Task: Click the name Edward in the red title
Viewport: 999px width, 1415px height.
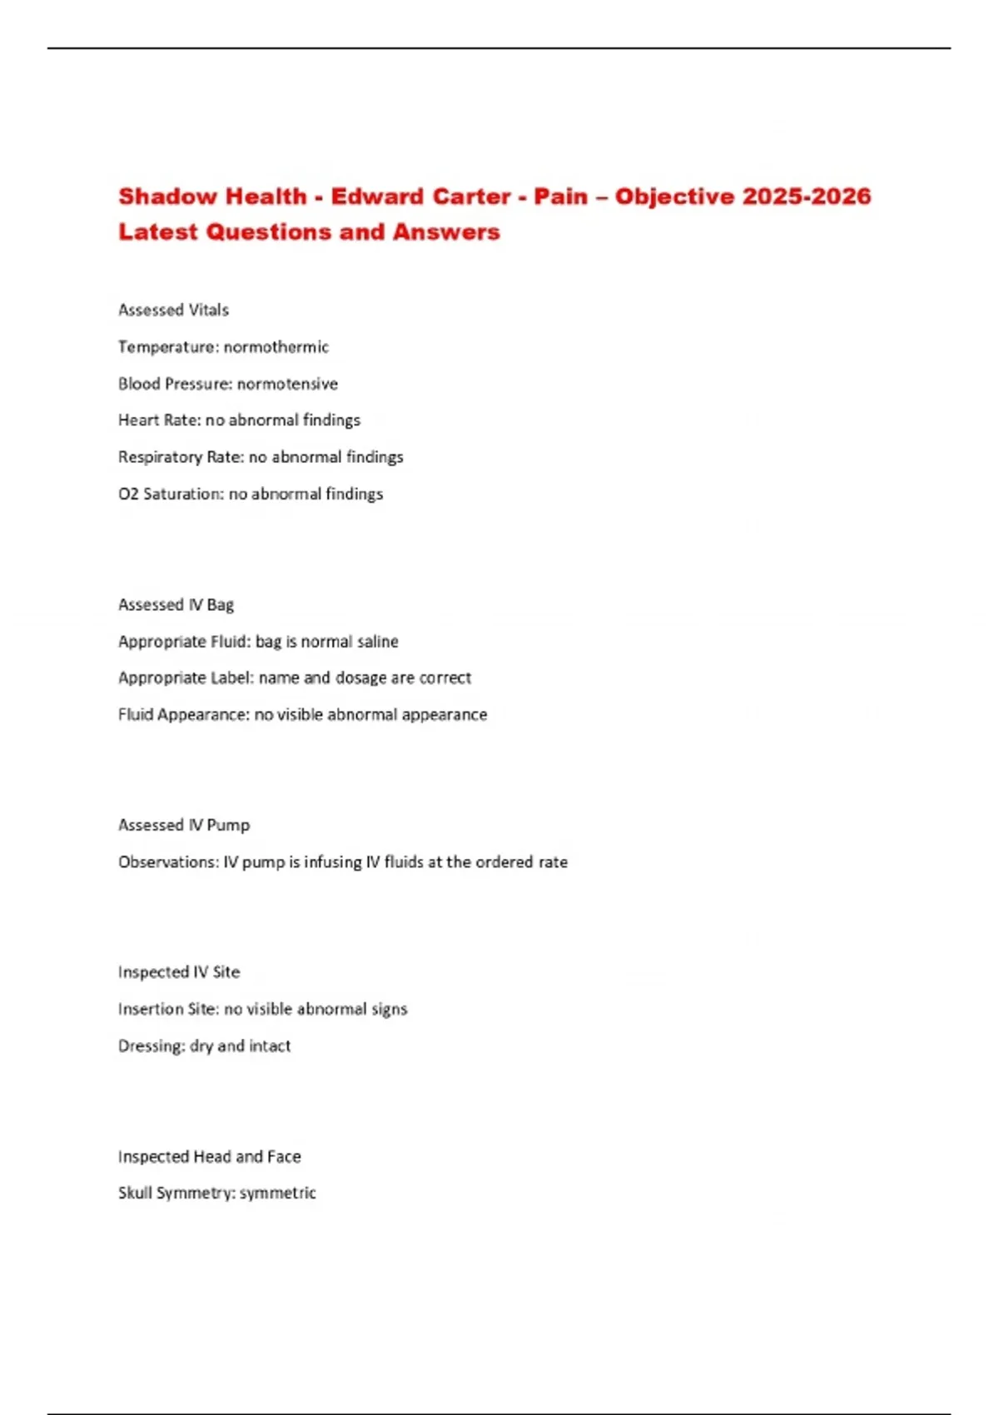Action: [x=378, y=196]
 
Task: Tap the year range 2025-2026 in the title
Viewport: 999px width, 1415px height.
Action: [x=806, y=196]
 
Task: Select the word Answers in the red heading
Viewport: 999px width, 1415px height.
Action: [x=446, y=232]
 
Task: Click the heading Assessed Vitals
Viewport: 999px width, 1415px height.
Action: [x=173, y=310]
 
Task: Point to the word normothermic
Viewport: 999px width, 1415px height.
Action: [x=276, y=347]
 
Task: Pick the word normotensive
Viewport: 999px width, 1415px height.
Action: [x=287, y=384]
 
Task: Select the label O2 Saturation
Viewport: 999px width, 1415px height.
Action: [x=171, y=494]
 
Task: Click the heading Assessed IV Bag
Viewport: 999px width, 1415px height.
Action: [x=176, y=604]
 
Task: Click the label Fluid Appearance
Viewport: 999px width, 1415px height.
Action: [x=182, y=715]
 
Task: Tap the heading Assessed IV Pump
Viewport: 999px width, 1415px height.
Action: [x=184, y=825]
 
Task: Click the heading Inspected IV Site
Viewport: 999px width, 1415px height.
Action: [x=179, y=972]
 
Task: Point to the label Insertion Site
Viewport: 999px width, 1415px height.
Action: [x=167, y=1009]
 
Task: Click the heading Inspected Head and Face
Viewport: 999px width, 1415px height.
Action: [x=210, y=1156]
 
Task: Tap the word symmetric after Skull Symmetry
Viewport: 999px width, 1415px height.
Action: [x=278, y=1193]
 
